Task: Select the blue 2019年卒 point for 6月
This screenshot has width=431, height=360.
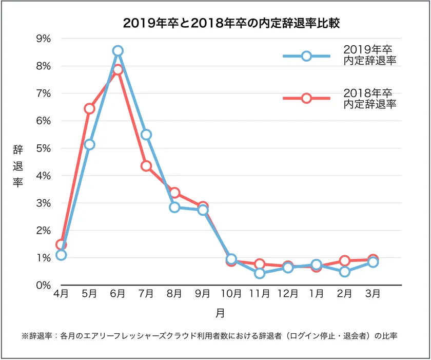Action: (118, 50)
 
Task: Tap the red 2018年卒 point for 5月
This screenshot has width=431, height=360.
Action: (90, 108)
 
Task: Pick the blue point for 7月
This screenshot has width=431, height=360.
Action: (146, 135)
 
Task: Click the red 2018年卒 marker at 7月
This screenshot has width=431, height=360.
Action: (146, 166)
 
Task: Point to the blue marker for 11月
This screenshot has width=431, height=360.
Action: (260, 273)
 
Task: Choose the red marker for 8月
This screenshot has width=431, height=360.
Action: (174, 193)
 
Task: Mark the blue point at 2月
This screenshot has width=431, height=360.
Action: (345, 272)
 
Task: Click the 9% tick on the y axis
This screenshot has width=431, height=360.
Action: (43, 39)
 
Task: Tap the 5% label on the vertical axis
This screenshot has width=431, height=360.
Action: (43, 148)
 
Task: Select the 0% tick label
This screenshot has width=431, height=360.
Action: (43, 285)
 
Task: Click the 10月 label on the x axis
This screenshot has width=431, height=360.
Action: (231, 294)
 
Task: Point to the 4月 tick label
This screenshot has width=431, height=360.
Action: (61, 294)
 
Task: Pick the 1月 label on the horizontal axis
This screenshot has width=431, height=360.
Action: (317, 294)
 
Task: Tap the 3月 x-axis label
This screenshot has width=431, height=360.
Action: (373, 294)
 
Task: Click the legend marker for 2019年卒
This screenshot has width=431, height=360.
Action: (306, 56)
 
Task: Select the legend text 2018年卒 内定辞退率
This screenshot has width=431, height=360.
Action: (371, 98)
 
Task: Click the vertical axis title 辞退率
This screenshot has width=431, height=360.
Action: (18, 165)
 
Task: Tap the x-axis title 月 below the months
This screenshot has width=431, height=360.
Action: (220, 312)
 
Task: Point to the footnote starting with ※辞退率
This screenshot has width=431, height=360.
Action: (210, 336)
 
